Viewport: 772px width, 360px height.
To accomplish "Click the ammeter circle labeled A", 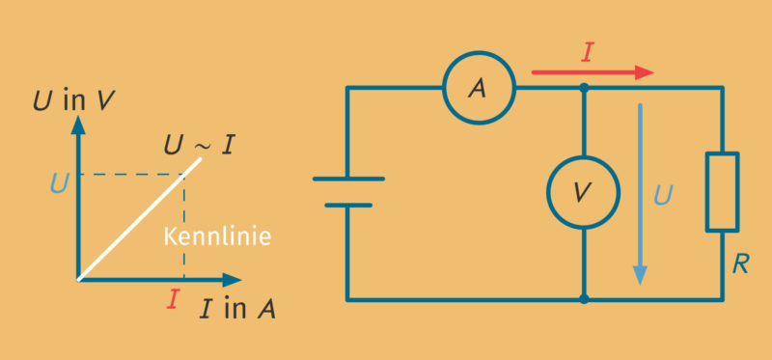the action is point(478,88).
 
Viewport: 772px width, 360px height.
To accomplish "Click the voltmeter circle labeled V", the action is point(583,193).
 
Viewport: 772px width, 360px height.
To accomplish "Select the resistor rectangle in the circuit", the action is point(722,192).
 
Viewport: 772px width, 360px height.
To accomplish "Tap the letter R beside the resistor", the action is point(740,263).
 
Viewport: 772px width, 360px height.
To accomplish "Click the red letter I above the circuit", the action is point(587,51).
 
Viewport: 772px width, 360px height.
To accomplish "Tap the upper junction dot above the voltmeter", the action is point(584,88).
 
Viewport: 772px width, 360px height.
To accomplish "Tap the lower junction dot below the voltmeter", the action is point(584,299).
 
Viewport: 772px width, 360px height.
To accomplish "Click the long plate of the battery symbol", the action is point(348,179).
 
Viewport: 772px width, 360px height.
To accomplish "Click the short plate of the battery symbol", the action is point(348,206).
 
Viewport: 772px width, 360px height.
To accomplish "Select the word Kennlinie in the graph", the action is point(216,235).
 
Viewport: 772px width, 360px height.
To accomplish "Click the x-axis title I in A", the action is point(237,309).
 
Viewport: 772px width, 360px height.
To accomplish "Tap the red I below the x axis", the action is point(173,300).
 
